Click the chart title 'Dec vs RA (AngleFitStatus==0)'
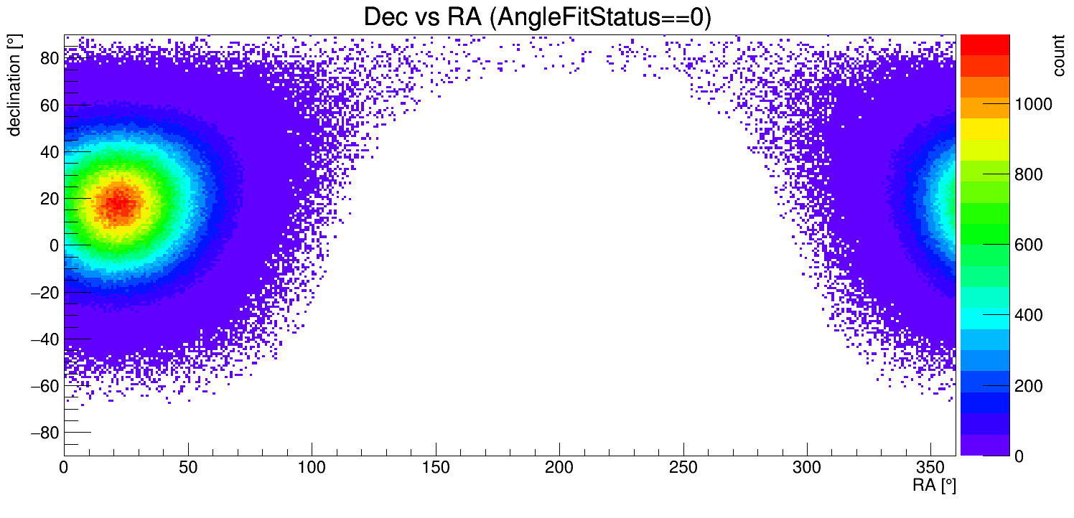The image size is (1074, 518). pos(537,17)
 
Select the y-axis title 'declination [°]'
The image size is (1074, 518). pos(14,88)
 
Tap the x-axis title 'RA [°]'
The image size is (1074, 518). pos(934,485)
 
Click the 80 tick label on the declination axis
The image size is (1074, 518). pos(48,58)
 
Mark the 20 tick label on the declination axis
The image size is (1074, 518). pos(48,199)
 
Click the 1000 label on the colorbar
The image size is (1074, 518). pos(1032,105)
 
